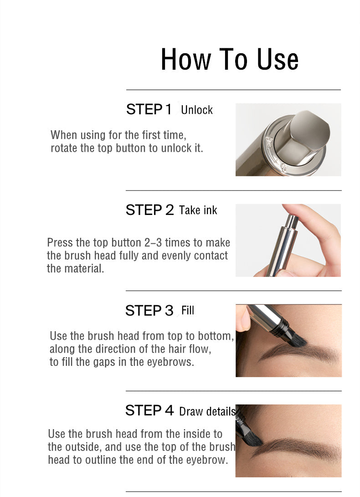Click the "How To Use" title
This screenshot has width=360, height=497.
[230, 59]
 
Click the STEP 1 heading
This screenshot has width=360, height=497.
[149, 109]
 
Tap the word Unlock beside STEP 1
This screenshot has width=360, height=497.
[197, 110]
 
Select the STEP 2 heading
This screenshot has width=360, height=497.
[150, 210]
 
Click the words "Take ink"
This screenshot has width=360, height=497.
[198, 210]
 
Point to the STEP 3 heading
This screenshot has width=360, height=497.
[149, 311]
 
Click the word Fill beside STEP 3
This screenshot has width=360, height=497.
[187, 310]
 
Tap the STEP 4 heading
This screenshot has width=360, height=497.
[149, 410]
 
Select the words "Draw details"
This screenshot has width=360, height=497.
[207, 411]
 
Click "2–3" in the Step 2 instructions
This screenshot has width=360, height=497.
[153, 243]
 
